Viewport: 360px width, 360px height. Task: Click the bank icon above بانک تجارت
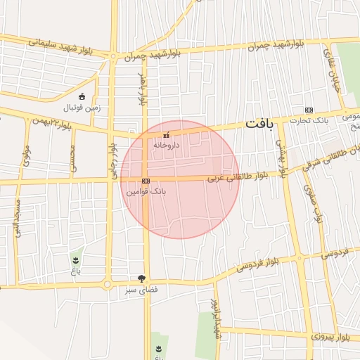pos(309,109)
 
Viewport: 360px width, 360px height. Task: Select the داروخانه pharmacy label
pos(167,144)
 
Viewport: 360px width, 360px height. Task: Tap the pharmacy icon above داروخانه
pos(166,134)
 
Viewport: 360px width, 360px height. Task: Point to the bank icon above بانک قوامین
pos(146,181)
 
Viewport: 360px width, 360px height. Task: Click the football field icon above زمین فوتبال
pos(82,96)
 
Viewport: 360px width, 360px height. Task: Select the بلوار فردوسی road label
pos(258,264)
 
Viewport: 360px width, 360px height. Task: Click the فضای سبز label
pos(143,289)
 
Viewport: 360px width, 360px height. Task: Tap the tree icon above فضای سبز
pos(143,278)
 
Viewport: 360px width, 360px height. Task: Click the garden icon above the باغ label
pos(75,260)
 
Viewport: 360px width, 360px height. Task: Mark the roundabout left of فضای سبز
pos(108,285)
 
